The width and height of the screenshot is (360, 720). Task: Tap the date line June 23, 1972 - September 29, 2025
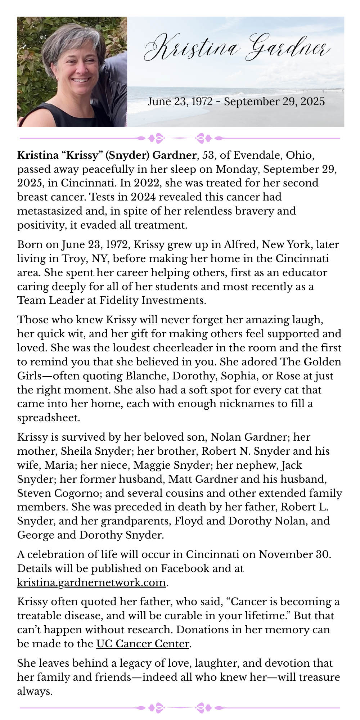(236, 102)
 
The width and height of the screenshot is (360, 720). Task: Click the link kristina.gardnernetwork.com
(91, 582)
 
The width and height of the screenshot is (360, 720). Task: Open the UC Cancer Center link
(143, 644)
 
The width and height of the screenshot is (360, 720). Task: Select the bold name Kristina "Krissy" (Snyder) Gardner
(107, 155)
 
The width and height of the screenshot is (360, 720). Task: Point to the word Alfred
(241, 245)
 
